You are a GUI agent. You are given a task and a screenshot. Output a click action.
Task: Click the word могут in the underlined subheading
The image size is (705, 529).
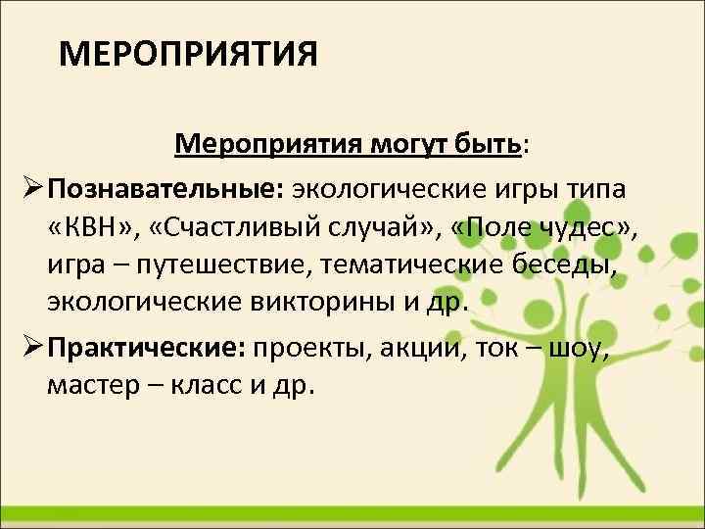pos(399,146)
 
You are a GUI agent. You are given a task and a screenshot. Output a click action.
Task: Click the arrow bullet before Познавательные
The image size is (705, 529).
pos(27,187)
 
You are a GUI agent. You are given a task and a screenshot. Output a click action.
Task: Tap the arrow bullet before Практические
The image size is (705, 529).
pos(27,348)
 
